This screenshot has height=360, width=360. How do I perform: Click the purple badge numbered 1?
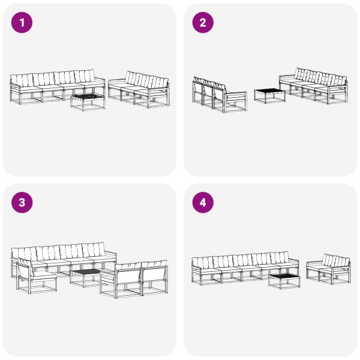22,23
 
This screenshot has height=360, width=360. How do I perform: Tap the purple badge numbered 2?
202,23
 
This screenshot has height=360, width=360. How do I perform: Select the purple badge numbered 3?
22,202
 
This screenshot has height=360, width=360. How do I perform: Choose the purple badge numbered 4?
202,202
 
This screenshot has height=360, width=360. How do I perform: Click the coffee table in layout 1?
88,101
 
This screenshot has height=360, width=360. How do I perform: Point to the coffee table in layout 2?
269,95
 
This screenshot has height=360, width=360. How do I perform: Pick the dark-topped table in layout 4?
284,280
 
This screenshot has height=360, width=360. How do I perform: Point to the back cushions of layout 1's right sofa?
146,81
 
